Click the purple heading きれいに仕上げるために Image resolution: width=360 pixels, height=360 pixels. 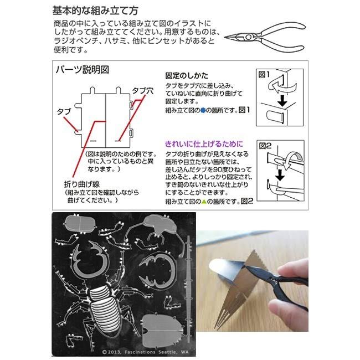pos(204,142)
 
